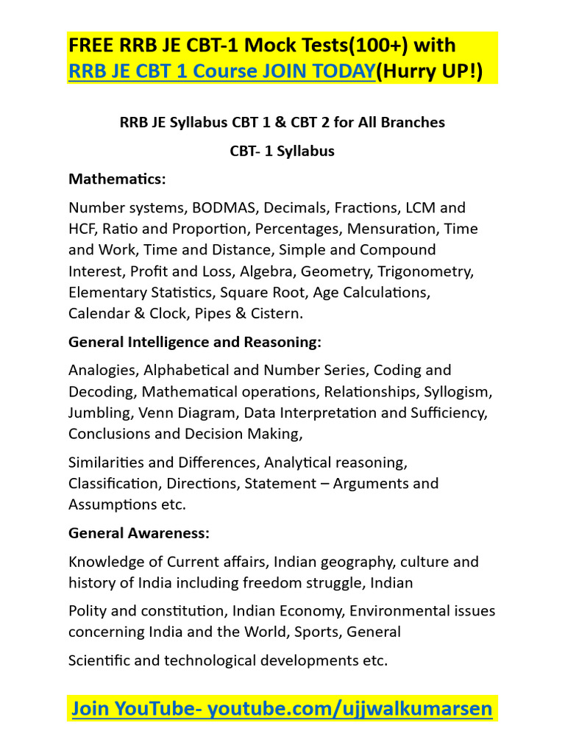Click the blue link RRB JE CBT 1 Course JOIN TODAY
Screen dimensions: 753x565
[221, 72]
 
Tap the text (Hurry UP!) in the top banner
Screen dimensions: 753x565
[429, 72]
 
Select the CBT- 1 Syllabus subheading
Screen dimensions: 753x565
[282, 151]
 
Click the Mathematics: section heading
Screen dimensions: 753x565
[117, 179]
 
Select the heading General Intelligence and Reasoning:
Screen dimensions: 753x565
[195, 342]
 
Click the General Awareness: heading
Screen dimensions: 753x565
[139, 532]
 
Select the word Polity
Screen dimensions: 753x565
[87, 611]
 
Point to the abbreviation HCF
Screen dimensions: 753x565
[82, 229]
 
